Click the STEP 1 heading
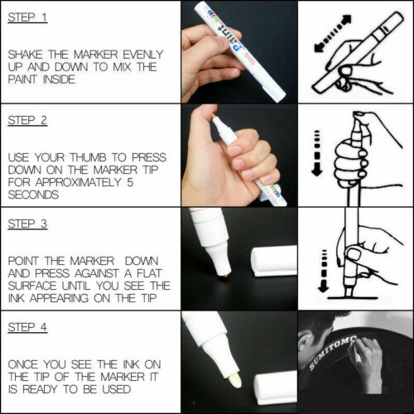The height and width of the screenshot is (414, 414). (27, 17)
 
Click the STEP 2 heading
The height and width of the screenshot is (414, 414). (27, 121)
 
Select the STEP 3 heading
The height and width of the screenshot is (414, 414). (27, 224)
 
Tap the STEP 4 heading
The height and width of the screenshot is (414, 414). (27, 327)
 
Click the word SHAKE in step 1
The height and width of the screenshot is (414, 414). (26, 55)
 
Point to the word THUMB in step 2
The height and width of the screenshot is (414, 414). (88, 157)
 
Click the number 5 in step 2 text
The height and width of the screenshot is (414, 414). (130, 182)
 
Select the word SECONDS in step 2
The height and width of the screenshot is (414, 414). (33, 195)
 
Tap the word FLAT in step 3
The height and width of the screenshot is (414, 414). (149, 273)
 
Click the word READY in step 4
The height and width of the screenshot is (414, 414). (41, 389)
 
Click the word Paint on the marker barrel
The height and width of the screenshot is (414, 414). (230, 38)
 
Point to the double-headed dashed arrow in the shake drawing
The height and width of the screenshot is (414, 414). (333, 33)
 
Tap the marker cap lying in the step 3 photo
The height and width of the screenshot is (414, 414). (274, 261)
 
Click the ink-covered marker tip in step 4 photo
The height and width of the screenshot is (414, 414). (235, 379)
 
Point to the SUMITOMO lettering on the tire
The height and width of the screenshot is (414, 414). (332, 353)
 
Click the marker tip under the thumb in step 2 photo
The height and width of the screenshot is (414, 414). (214, 118)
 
